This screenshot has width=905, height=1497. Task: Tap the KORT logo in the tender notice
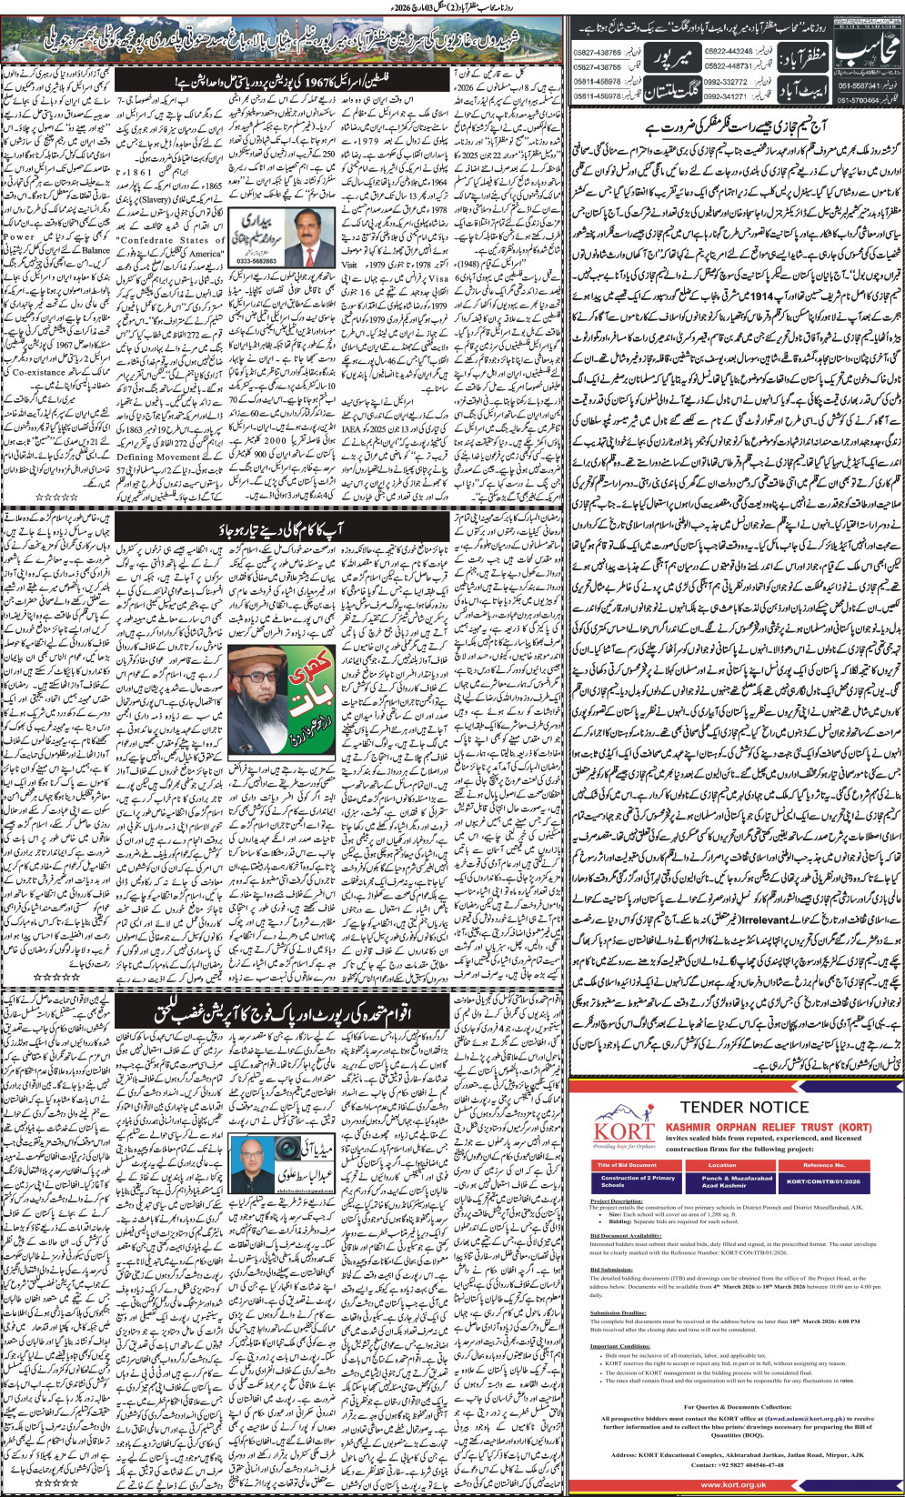pyautogui.click(x=623, y=1130)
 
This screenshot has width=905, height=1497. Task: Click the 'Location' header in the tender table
pyautogui.click(x=722, y=1164)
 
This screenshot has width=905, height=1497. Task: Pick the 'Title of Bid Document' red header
pyautogui.click(x=627, y=1164)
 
